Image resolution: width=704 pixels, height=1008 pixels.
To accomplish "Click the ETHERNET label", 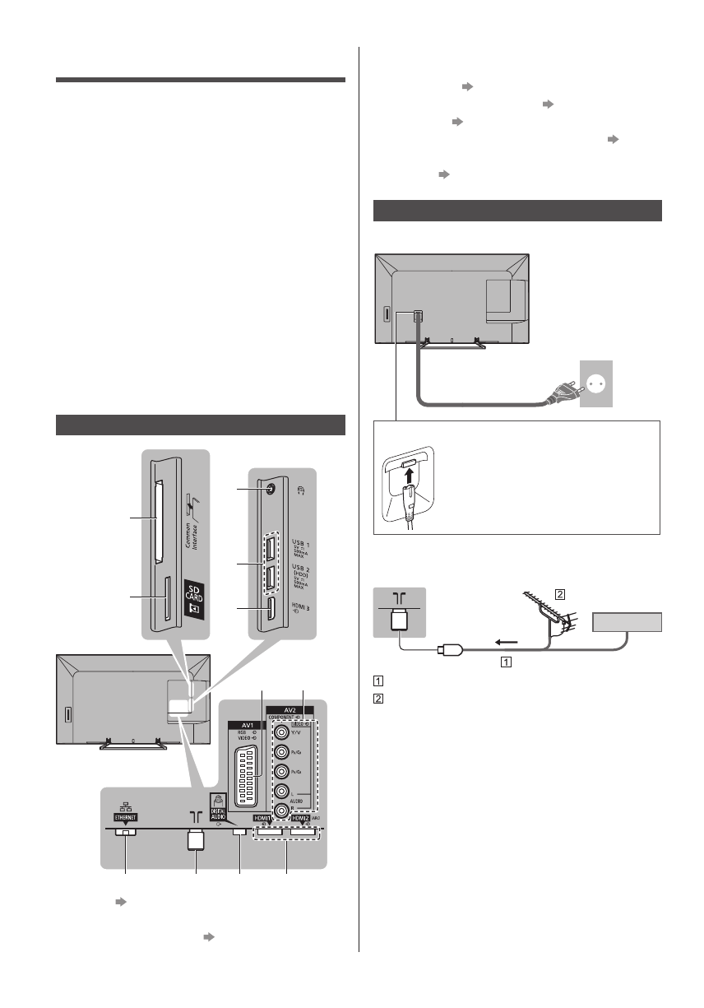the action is [x=123, y=818].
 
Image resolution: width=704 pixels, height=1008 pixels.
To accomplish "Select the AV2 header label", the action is [x=294, y=708].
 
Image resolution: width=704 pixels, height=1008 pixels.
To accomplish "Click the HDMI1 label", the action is [x=265, y=820].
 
